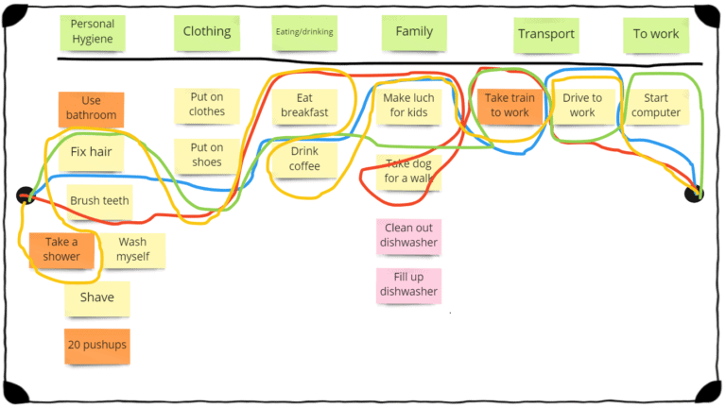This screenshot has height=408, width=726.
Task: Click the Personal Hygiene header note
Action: coord(92,33)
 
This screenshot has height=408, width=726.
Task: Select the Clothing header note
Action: coord(207,32)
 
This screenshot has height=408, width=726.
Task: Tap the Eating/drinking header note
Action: coord(304,32)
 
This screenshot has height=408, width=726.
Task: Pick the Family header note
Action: coord(414,32)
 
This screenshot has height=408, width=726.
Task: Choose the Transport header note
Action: coord(545,35)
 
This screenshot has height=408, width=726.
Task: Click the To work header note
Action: coord(656,35)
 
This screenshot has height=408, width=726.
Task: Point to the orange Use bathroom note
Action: coord(92,109)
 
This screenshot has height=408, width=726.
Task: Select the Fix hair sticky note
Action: coord(92,152)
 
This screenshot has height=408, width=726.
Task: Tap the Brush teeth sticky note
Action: coord(99,201)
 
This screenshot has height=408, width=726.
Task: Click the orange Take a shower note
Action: coord(61,249)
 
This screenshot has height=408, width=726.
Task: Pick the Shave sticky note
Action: coord(96,298)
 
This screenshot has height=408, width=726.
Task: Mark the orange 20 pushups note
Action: coord(96,346)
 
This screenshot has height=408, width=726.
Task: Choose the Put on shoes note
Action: coord(206,156)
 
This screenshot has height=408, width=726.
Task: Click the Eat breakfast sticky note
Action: coord(304,106)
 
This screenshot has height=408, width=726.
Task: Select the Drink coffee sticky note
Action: coord(304,159)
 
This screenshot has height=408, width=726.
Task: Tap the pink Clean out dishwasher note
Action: coord(408,236)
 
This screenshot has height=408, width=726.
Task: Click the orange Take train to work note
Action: coord(510,106)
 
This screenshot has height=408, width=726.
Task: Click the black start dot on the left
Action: coord(26,196)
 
